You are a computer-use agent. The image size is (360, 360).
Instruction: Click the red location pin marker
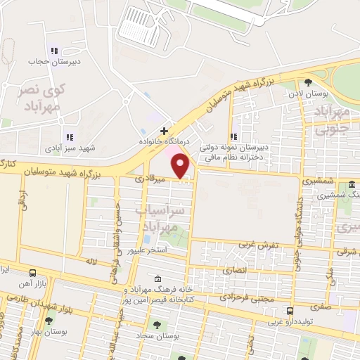pyautogui.click(x=181, y=167)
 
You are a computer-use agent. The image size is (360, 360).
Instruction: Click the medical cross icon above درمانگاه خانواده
pyautogui.click(x=164, y=131)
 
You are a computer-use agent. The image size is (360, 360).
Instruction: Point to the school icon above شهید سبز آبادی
pyautogui.click(x=68, y=137)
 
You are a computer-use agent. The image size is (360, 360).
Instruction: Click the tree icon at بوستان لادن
pyautogui.click(x=308, y=83)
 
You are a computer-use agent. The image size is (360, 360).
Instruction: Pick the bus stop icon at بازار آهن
pyautogui.click(x=32, y=273)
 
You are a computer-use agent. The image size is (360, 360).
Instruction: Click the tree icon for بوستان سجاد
pyautogui.click(x=156, y=325)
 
